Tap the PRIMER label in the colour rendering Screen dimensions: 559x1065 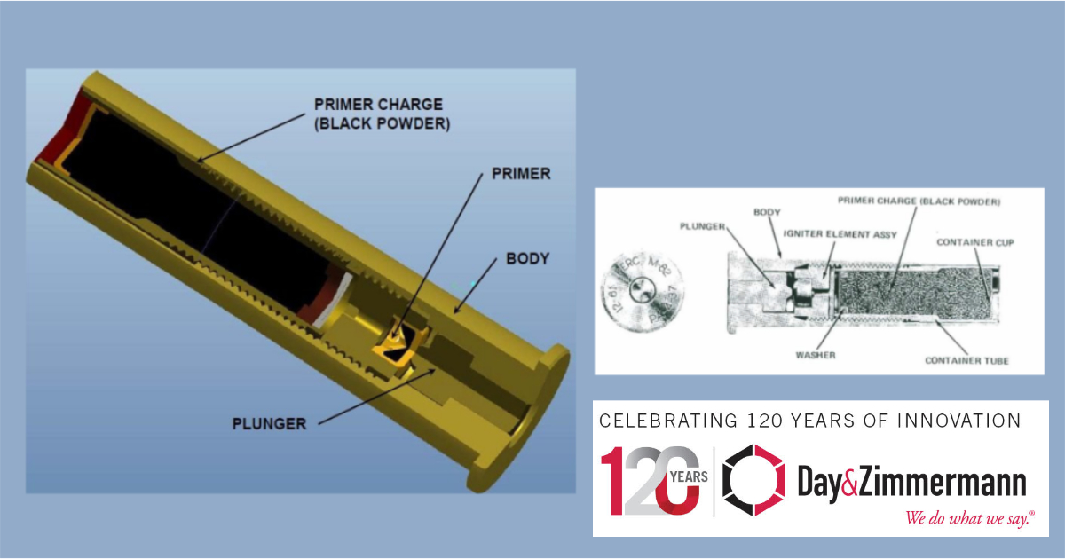[x=521, y=174]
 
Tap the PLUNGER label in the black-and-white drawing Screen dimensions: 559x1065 [x=702, y=227]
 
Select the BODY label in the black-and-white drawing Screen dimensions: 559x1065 [x=766, y=213]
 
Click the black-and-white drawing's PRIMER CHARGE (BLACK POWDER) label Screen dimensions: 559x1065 [x=919, y=201]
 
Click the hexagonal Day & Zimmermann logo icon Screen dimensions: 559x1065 [x=753, y=480]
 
